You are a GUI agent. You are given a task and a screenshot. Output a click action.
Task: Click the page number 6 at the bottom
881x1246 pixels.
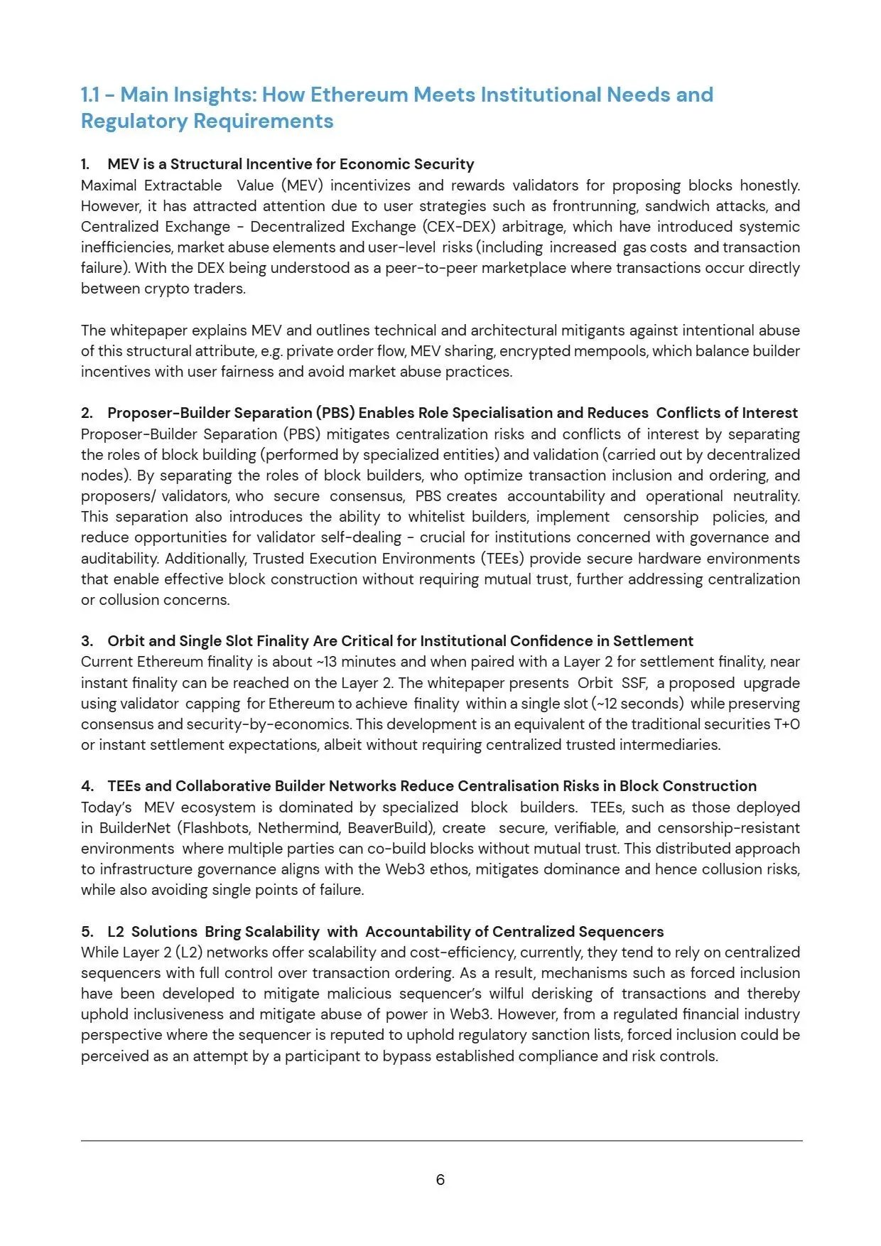click(440, 1180)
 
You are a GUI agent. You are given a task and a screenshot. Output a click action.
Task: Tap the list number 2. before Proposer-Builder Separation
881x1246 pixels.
click(87, 413)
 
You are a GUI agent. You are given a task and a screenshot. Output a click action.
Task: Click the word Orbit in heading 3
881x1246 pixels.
click(126, 641)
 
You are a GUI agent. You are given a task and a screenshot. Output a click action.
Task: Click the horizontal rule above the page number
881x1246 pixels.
click(440, 1141)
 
